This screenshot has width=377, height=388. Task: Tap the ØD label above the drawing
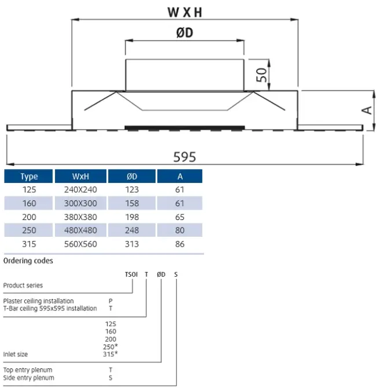pyautogui.click(x=184, y=33)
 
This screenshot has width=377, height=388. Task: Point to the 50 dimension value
pyautogui.click(x=263, y=75)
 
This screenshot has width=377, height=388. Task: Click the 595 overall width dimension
pyautogui.click(x=184, y=157)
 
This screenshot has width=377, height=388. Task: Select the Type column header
pyautogui.click(x=29, y=177)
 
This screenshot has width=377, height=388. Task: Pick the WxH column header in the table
pyautogui.click(x=80, y=177)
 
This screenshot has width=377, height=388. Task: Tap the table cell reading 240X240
pyautogui.click(x=80, y=190)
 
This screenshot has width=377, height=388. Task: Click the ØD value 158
pyautogui.click(x=132, y=203)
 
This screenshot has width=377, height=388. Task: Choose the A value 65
pyautogui.click(x=180, y=217)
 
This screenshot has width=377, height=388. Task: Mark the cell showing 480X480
pyautogui.click(x=80, y=230)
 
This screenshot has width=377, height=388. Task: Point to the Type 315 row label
pyautogui.click(x=29, y=244)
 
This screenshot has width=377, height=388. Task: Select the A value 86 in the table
pyautogui.click(x=180, y=244)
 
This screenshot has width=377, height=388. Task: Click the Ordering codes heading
pyautogui.click(x=28, y=261)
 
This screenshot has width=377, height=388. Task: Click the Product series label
pyautogui.click(x=23, y=285)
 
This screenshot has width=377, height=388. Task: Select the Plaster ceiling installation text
pyautogui.click(x=39, y=301)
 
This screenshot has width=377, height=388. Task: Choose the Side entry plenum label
pyautogui.click(x=28, y=378)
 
